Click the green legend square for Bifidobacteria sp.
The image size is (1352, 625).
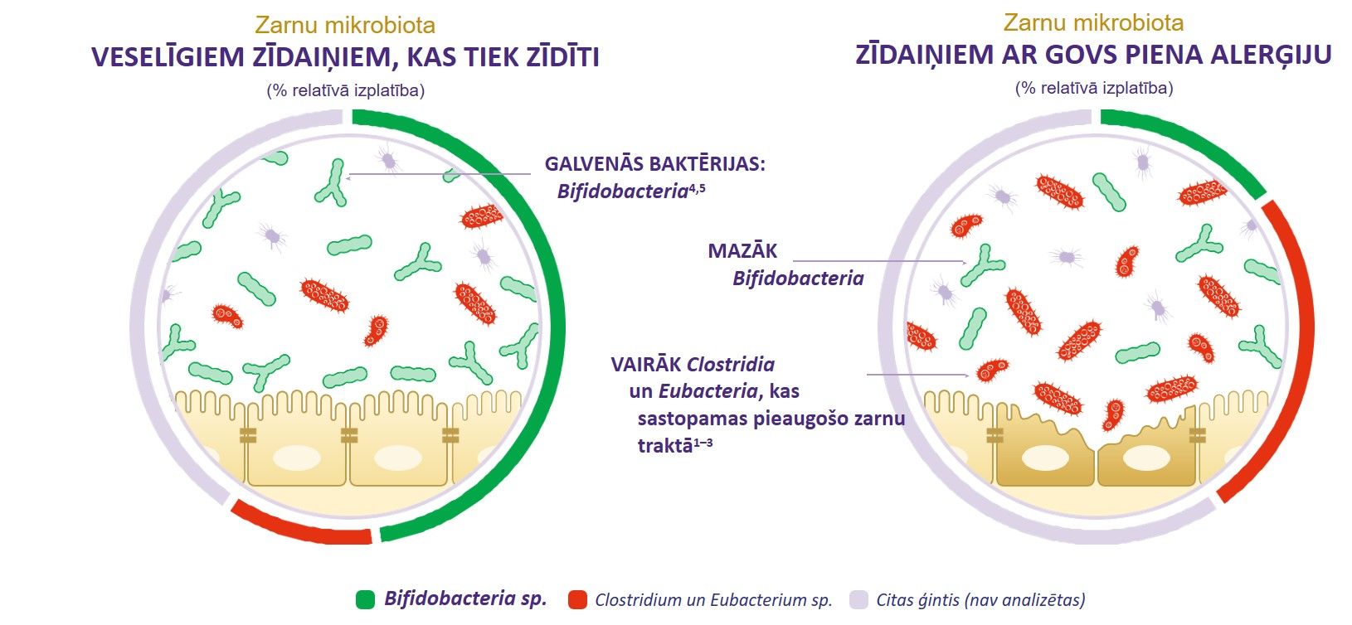(365, 599)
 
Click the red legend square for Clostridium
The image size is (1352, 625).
(577, 599)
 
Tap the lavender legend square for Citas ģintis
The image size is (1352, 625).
(858, 599)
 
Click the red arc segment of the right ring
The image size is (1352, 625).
(1289, 350)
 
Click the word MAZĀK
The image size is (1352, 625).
(742, 251)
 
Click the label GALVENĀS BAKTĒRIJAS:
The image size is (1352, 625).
(655, 164)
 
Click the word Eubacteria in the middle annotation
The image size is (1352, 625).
(708, 391)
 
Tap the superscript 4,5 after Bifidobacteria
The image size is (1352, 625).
(697, 187)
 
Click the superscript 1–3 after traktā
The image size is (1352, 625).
(703, 443)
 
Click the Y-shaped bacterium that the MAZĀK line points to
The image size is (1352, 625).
(982, 265)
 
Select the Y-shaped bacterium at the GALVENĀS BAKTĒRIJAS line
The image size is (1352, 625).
(331, 183)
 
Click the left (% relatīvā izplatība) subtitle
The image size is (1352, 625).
(346, 90)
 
